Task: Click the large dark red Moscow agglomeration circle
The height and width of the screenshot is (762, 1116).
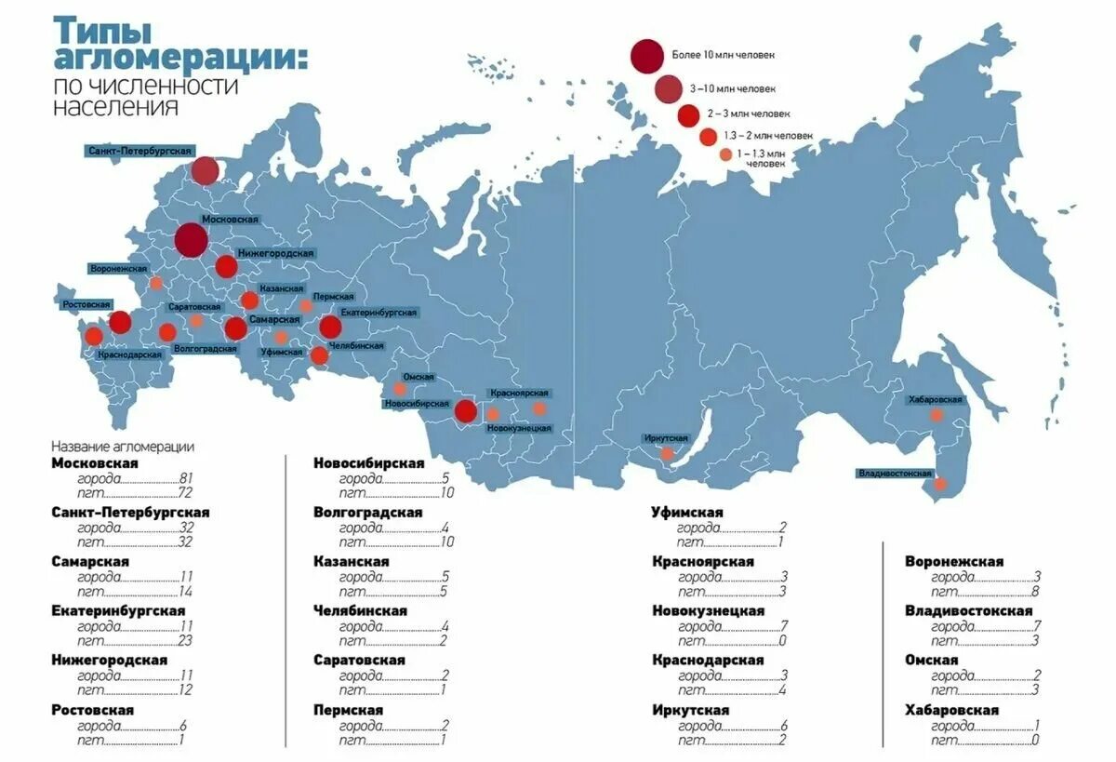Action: (x=191, y=240)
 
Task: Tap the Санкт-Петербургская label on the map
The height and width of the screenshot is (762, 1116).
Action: (x=139, y=151)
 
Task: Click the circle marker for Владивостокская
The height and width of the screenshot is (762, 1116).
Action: (x=940, y=484)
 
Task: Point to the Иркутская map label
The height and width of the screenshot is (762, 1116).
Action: (x=665, y=438)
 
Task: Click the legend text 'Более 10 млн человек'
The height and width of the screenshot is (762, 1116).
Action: (x=723, y=56)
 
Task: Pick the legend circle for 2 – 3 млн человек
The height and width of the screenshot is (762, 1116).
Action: (x=688, y=115)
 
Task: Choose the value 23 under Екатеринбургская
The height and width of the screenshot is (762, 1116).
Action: (x=184, y=640)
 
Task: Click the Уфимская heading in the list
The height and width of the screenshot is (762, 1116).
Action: (x=687, y=512)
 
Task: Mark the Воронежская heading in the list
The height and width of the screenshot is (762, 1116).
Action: (x=953, y=561)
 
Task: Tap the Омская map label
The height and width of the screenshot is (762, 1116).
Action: (x=418, y=377)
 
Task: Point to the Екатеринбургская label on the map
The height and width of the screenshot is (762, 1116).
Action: (x=379, y=313)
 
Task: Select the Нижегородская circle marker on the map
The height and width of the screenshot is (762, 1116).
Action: (x=226, y=267)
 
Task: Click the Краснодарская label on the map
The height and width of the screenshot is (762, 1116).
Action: (x=130, y=354)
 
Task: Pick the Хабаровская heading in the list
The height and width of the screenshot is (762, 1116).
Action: (x=951, y=710)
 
